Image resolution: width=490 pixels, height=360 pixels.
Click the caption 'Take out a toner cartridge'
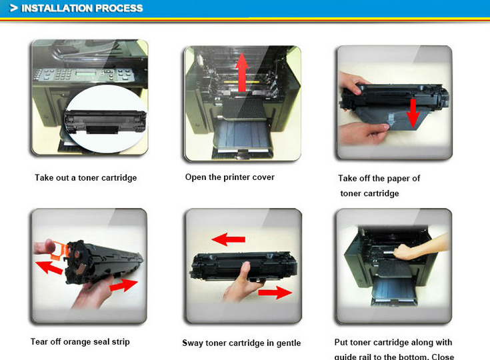[x=86, y=178]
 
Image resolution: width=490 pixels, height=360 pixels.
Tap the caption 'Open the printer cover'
[x=229, y=177]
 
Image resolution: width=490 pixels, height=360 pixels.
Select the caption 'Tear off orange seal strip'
[x=80, y=342]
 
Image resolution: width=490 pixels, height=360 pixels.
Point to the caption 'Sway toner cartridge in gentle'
[x=241, y=343]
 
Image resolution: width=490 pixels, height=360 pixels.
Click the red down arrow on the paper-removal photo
[x=413, y=113]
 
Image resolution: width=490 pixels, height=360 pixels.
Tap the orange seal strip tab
[x=58, y=247]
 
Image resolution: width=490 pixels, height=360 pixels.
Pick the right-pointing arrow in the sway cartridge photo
[x=274, y=292]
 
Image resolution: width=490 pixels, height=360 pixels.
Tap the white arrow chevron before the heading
[x=13, y=8]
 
